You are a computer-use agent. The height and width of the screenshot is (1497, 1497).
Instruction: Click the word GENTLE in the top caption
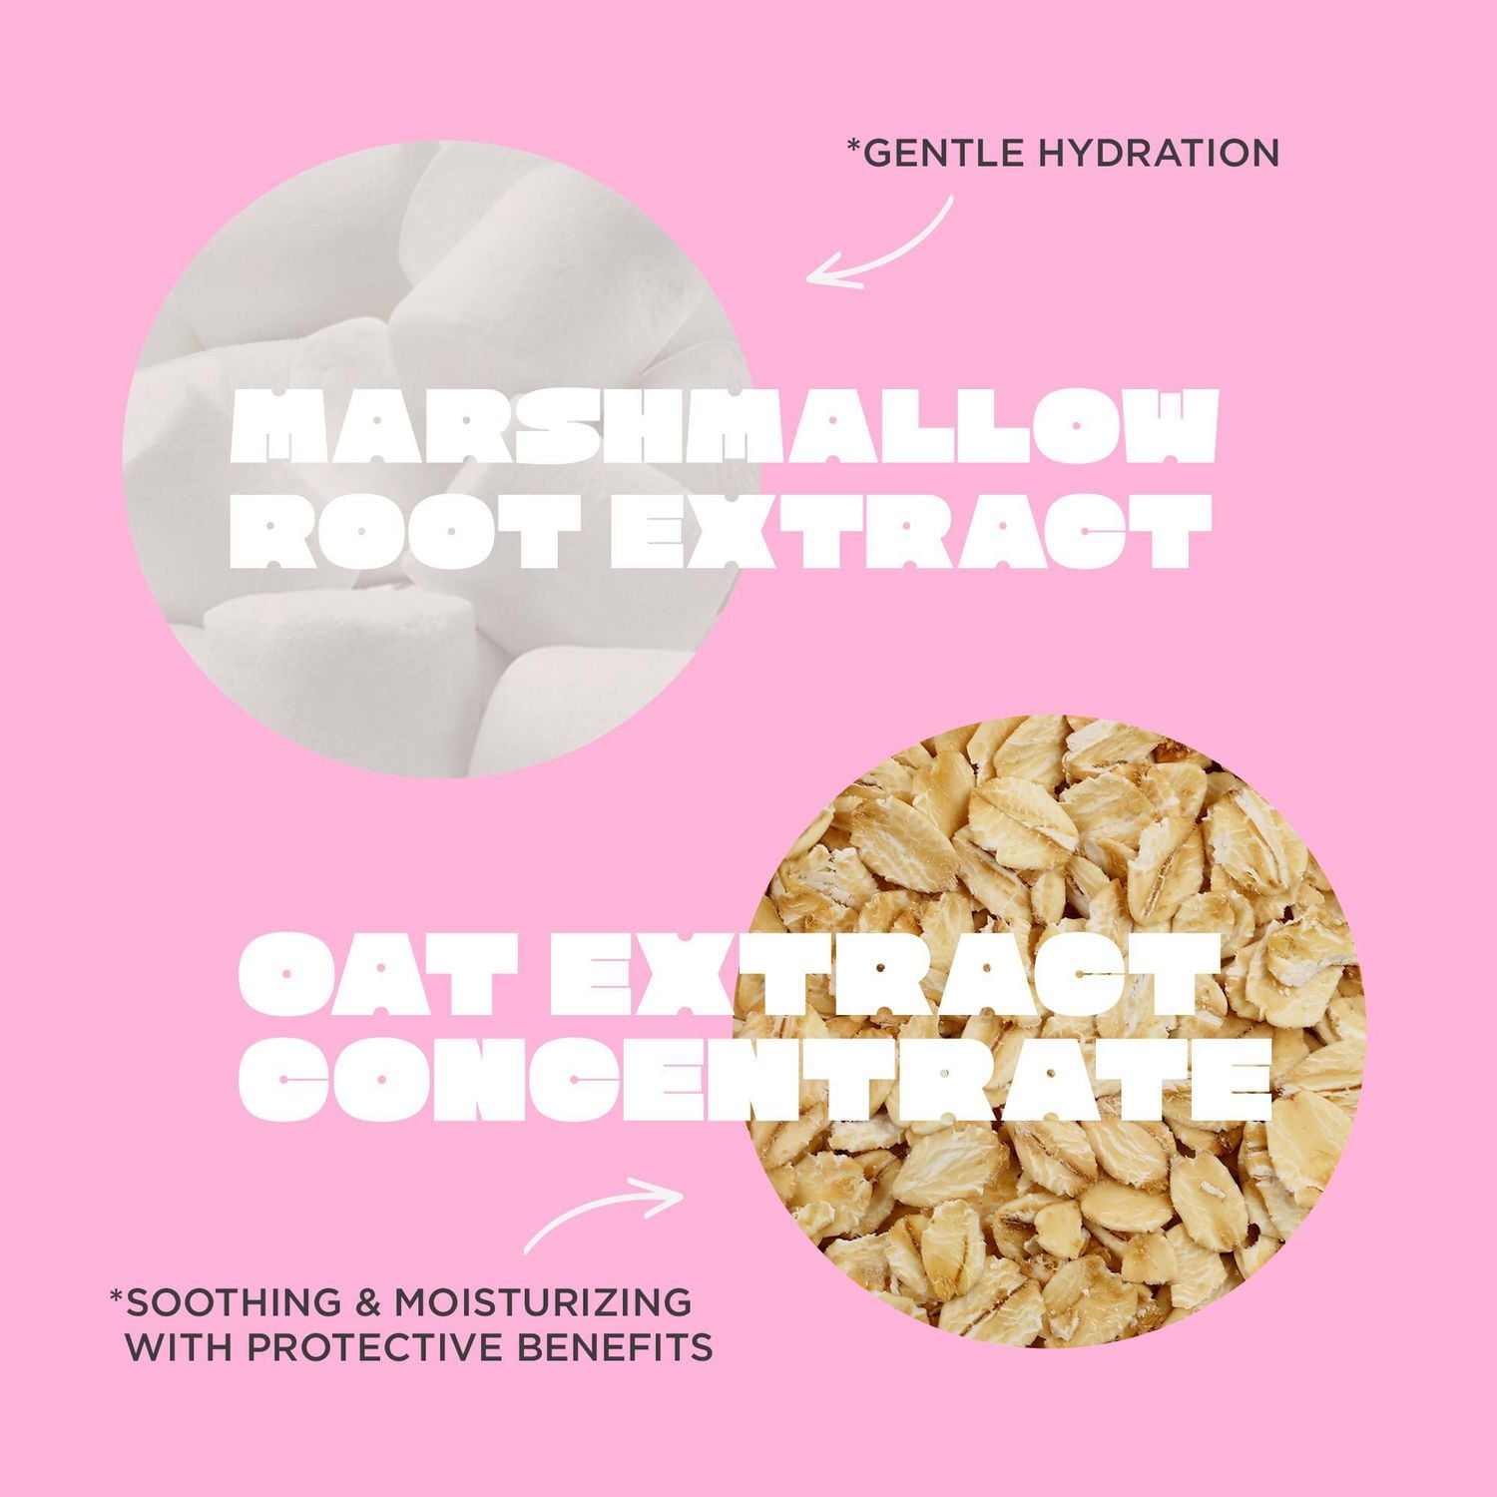[928, 153]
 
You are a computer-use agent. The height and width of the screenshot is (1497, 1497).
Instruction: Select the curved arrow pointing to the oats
[602, 1210]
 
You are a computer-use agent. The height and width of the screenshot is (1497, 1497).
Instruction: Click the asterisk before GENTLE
[852, 146]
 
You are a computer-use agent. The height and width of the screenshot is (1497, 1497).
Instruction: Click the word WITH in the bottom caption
[179, 1349]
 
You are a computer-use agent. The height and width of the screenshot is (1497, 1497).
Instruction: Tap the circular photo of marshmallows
[439, 459]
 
